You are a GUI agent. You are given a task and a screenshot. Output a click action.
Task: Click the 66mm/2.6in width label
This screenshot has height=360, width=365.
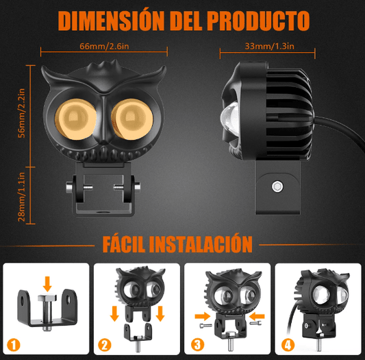click(104, 46)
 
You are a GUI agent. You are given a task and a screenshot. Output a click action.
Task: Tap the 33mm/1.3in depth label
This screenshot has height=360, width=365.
click(269, 46)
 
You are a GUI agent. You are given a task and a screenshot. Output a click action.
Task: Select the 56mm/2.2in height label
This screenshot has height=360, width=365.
click(22, 113)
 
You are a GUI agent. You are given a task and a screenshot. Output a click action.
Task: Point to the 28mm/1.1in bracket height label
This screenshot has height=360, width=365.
click(22, 197)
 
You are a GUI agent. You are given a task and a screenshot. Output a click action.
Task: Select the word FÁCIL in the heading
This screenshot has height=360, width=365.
click(123, 243)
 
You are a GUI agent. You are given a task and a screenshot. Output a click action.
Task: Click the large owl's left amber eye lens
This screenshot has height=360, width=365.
click(75, 119)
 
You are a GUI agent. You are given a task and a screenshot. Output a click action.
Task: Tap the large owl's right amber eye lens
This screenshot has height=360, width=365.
click(132, 119)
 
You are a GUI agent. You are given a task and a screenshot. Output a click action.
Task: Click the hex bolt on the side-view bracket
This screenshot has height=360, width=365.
click(277, 187)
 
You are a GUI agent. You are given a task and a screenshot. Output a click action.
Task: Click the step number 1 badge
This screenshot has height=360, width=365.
click(14, 345)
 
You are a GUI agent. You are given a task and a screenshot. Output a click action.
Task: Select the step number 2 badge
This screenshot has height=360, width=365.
click(105, 345)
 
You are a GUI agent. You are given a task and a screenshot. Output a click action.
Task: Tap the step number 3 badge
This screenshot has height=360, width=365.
click(197, 345)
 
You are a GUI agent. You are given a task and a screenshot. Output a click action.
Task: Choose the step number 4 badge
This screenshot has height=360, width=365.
click(288, 345)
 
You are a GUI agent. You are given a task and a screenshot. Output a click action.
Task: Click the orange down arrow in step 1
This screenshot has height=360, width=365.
click(47, 284)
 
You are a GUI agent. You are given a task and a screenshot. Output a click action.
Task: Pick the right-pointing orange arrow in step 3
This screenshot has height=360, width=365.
click(203, 316)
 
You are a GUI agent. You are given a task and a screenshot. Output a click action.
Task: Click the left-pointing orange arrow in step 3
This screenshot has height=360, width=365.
click(257, 316)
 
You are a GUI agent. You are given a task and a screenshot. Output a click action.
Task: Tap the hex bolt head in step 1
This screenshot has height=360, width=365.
click(47, 298)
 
